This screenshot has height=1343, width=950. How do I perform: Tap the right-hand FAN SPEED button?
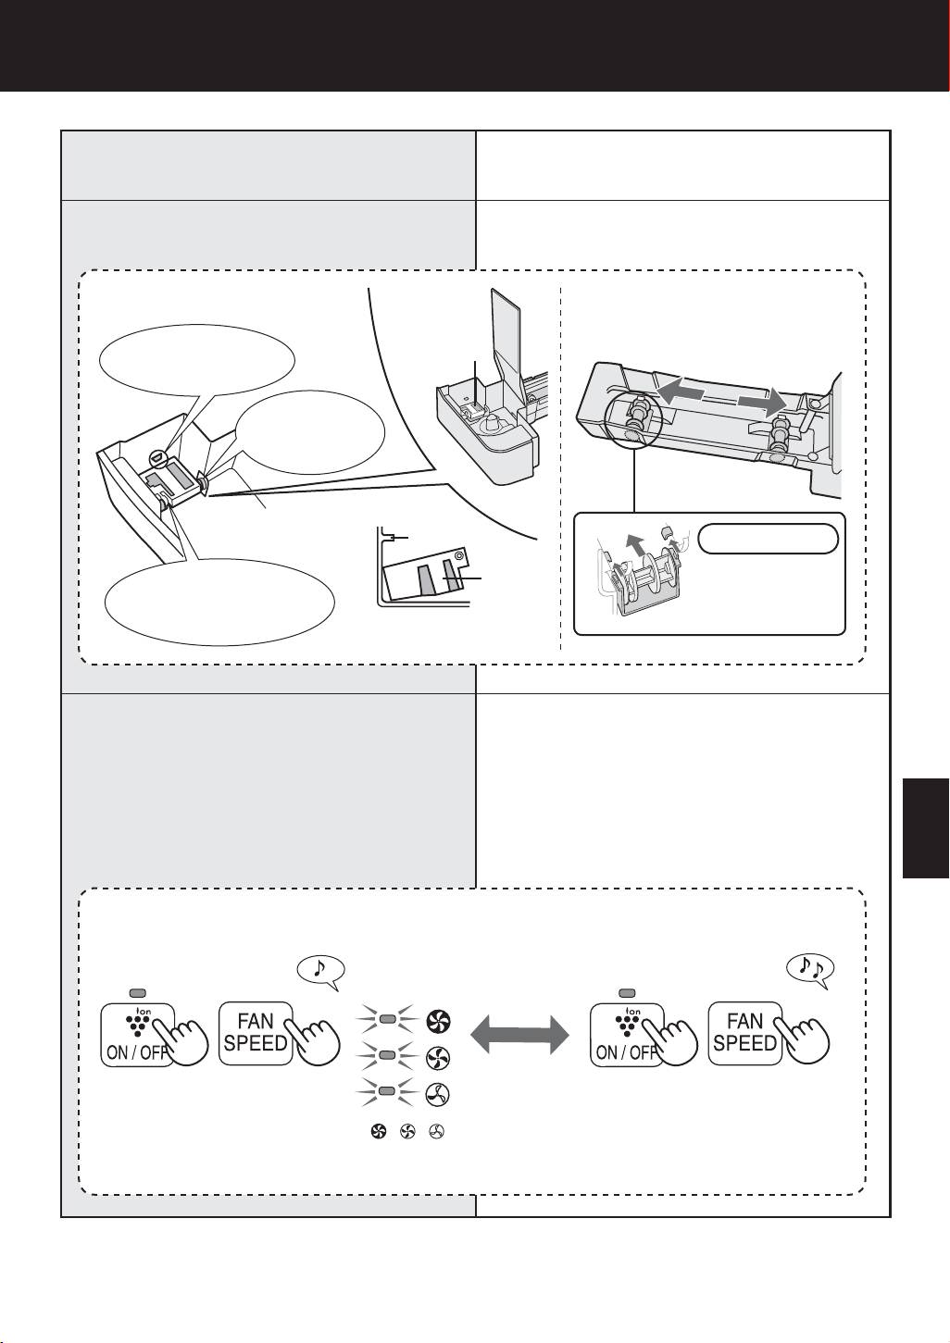(x=744, y=1033)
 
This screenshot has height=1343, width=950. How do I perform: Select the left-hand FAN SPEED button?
(x=256, y=1033)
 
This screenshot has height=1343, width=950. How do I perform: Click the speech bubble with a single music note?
(x=320, y=968)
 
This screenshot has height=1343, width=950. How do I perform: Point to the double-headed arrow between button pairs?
(x=519, y=1033)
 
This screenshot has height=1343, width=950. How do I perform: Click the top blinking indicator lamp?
(x=388, y=1019)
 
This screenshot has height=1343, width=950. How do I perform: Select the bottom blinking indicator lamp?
(x=388, y=1092)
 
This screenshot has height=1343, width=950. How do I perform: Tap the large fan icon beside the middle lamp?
(x=437, y=1057)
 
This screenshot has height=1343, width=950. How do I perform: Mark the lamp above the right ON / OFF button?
(x=626, y=991)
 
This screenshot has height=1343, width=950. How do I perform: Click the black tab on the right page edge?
(x=926, y=828)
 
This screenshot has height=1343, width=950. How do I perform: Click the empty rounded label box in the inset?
(x=769, y=538)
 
